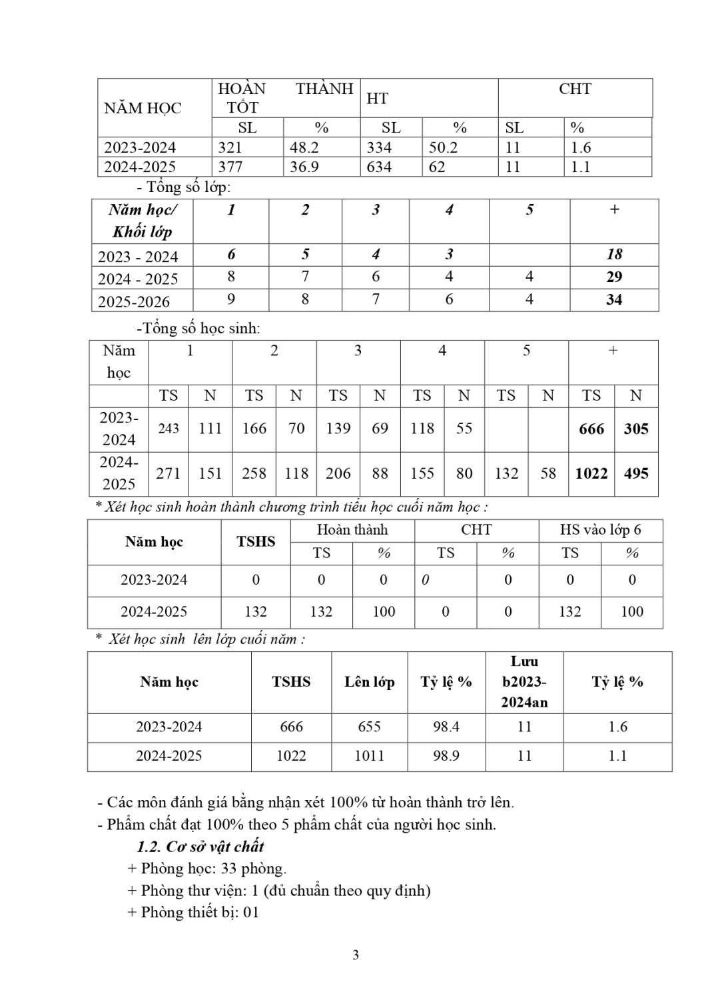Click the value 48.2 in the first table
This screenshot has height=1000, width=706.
304,147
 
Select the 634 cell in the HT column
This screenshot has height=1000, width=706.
379,167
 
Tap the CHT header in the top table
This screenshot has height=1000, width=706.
575,89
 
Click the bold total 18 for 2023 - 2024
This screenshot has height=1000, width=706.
614,255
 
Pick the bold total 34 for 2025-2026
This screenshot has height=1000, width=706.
614,300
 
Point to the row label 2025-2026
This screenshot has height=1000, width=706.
134,301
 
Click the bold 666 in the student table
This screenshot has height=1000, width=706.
591,429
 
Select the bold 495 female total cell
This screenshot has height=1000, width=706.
636,474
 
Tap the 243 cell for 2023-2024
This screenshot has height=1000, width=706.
169,429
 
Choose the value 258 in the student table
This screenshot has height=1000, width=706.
254,473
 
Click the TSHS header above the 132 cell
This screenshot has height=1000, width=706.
256,541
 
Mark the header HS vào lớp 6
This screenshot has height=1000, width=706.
600,530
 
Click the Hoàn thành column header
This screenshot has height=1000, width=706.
352,530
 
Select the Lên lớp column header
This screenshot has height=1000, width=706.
370,682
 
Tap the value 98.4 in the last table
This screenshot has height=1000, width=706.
446,727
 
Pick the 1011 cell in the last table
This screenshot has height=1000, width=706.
370,756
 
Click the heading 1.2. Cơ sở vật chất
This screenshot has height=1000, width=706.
200,847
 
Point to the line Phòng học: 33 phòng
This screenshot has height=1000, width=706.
206,869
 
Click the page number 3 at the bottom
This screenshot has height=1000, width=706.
356,955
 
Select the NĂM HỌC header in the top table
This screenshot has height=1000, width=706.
143,108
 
